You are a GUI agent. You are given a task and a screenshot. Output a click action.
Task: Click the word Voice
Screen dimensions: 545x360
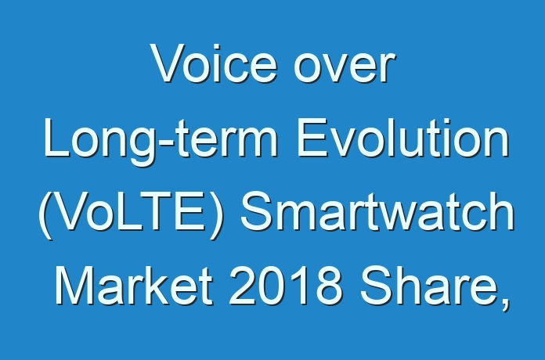[214, 63]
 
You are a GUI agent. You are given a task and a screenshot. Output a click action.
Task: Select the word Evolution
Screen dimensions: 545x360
[403, 139]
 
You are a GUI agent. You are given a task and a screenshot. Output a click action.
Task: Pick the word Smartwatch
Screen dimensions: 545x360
[377, 211]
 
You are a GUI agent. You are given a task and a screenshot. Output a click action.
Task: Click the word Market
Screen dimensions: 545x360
[134, 286]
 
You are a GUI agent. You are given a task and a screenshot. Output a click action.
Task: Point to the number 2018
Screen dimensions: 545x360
[285, 286]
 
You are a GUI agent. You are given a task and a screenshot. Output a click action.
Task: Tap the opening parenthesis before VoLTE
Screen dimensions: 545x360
[46, 214]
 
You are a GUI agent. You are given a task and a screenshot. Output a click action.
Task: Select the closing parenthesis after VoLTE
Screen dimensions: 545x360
[216, 214]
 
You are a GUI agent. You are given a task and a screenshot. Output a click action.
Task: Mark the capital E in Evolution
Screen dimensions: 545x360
[312, 139]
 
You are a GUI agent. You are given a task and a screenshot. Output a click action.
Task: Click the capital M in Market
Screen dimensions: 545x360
[74, 286]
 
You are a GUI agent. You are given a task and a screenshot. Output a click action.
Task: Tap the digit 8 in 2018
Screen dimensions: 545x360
[327, 286]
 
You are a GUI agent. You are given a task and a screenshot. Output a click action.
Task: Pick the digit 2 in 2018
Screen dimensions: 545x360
[242, 286]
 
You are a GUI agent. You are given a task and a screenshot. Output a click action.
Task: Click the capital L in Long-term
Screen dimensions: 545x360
[56, 139]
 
